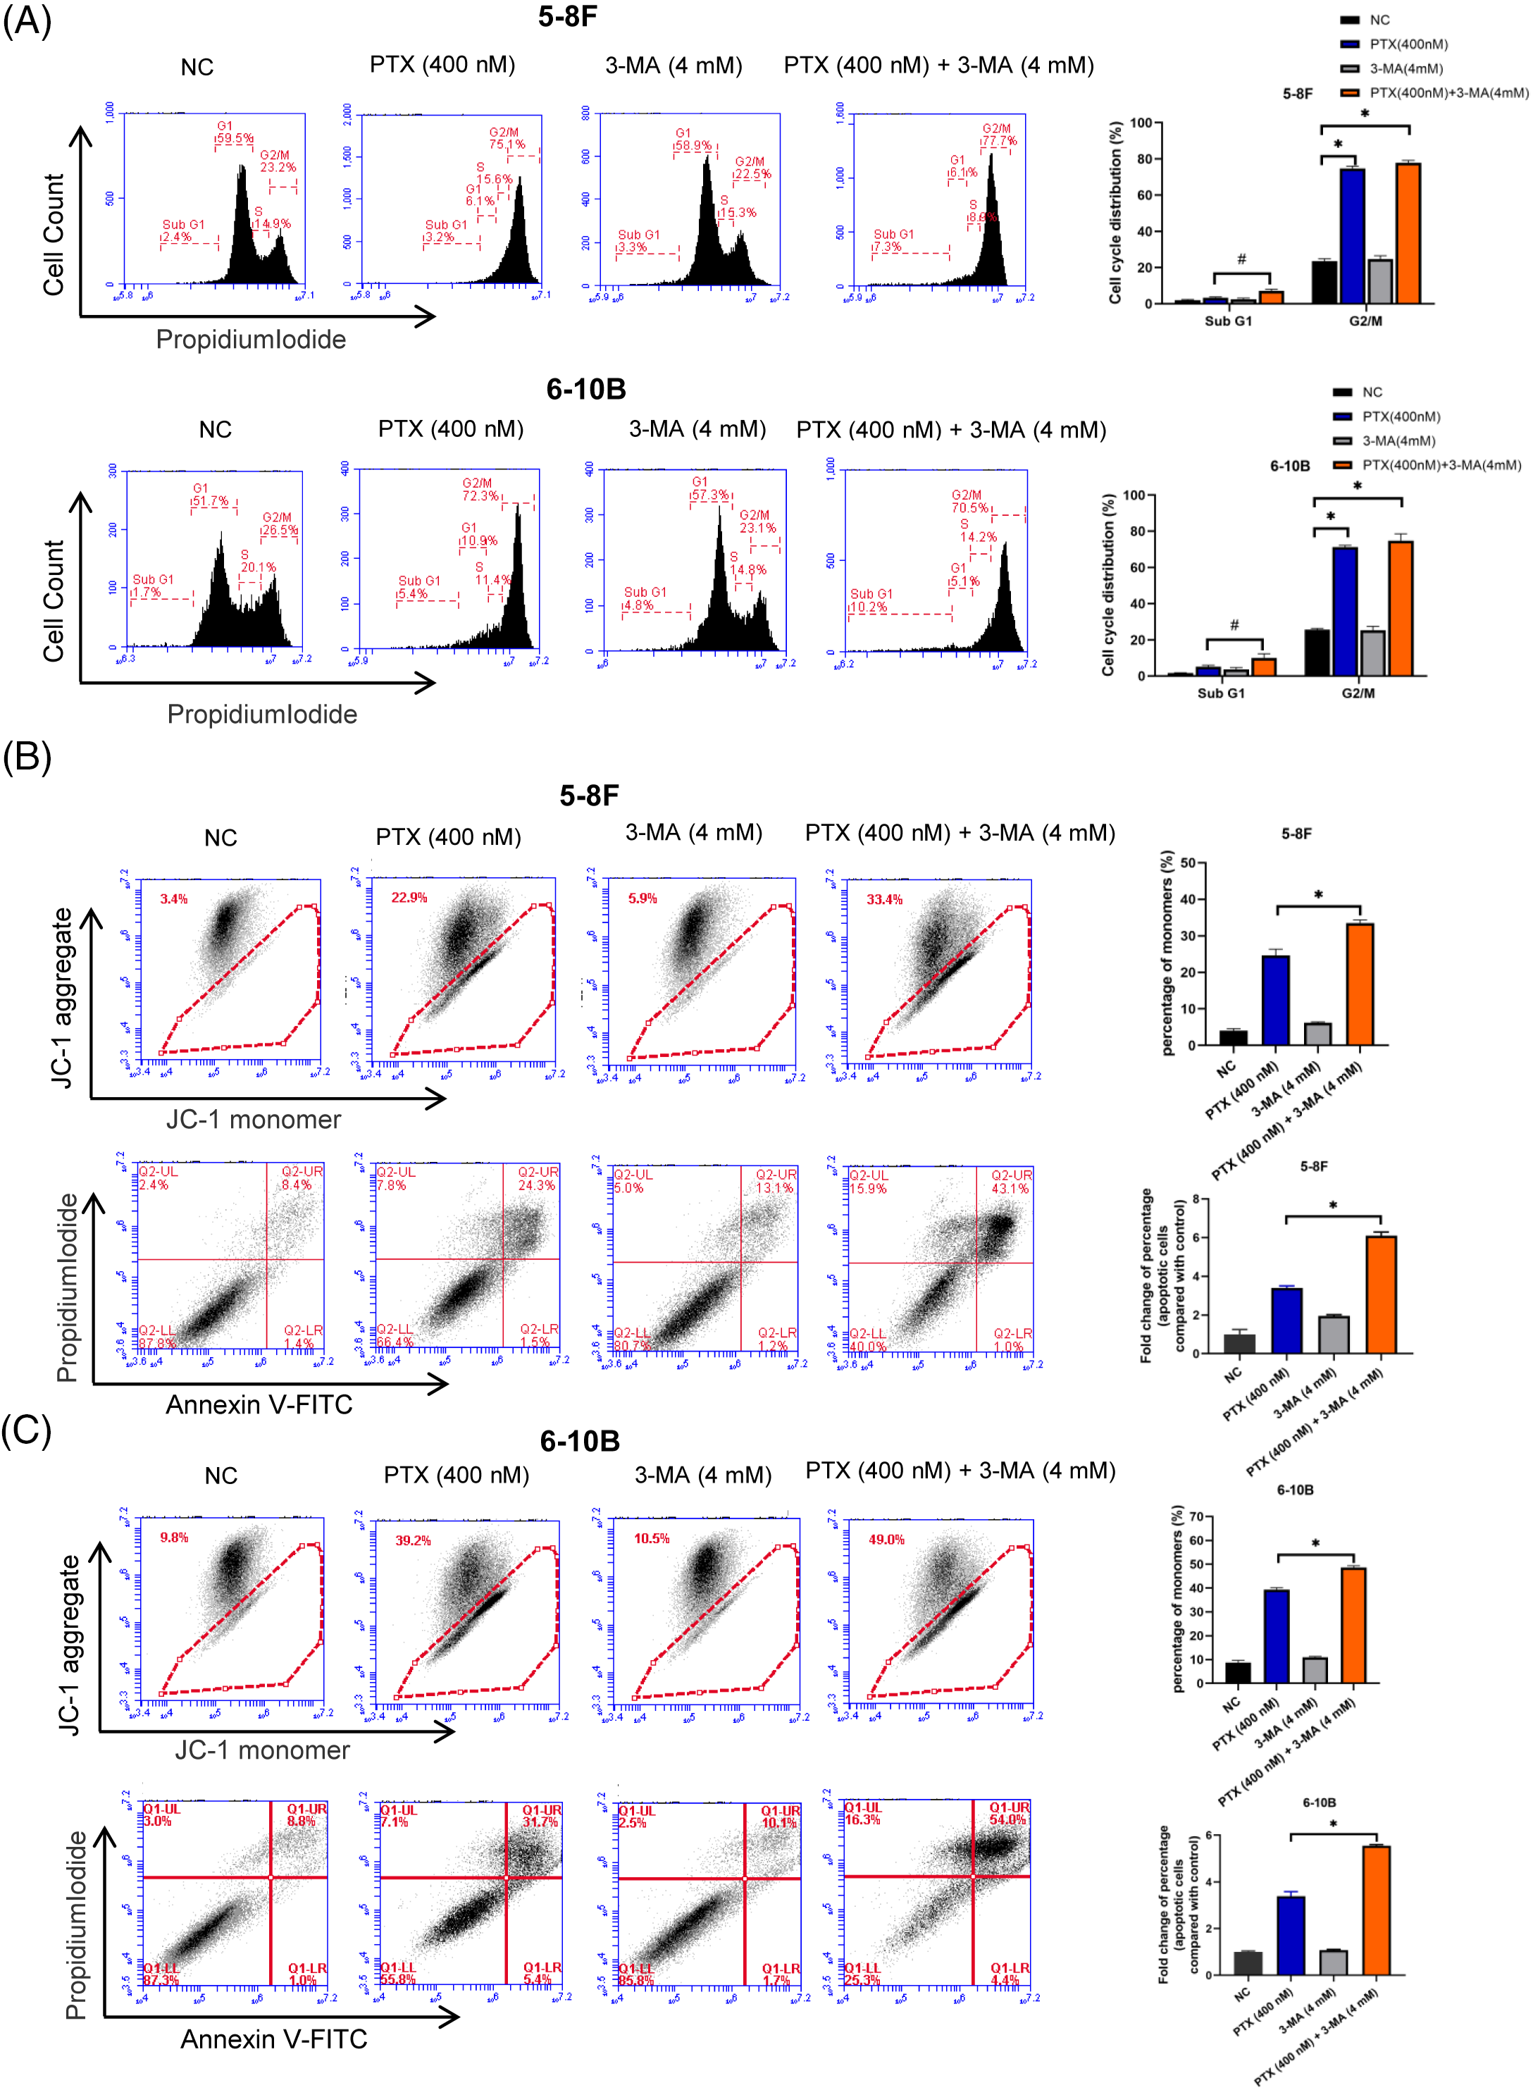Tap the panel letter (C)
coord(26,1430)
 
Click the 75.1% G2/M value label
coord(508,144)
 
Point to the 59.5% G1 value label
coord(235,138)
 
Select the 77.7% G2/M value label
coord(1000,141)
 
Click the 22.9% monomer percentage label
coord(409,898)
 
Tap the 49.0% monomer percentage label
coord(886,1540)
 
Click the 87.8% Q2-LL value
coord(157,1343)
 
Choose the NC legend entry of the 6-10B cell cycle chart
coord(1372,392)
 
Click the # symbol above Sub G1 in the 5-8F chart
coord(1241,260)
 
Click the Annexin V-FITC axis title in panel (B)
coord(259,1404)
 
